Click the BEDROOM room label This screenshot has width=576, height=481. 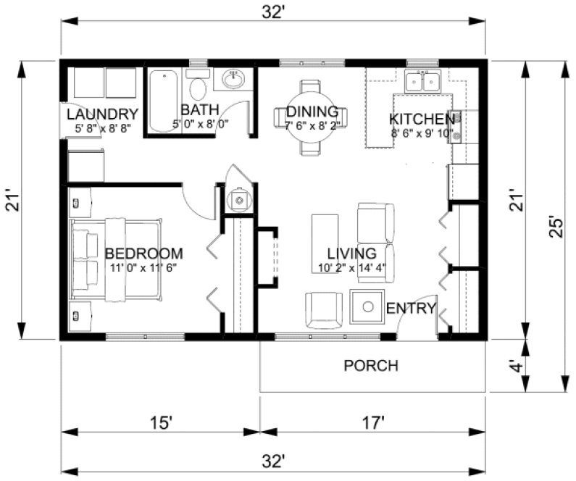pos(143,254)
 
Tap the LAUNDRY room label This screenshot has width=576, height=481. pos(102,114)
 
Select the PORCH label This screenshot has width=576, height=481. pos(370,365)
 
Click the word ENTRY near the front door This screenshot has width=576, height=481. pos(411,309)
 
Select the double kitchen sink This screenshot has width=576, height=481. pos(423,81)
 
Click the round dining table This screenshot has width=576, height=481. pos(311,116)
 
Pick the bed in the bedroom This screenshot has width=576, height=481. pos(116,258)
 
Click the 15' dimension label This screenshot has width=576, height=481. pos(160,422)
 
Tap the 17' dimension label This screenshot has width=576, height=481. pos(372,422)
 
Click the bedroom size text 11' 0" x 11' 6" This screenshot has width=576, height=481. pos(143,267)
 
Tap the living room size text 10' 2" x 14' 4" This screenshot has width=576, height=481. pos(351,267)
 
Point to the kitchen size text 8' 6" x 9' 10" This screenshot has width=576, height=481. pos(422,133)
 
